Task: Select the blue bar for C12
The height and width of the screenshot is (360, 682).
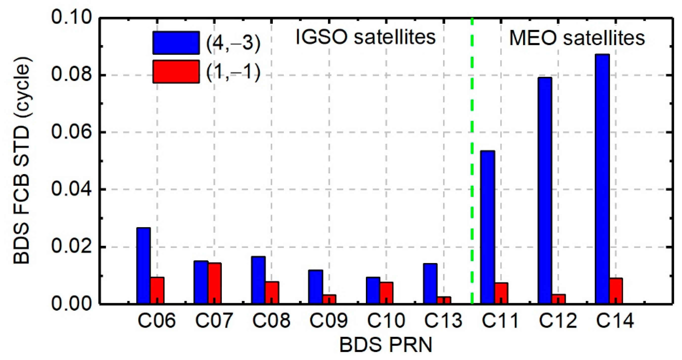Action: click(545, 190)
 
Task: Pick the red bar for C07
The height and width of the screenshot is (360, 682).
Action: click(215, 283)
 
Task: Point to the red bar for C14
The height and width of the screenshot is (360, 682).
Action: click(616, 291)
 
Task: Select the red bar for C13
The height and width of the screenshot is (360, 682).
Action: click(444, 300)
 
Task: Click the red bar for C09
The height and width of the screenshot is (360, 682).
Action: click(329, 299)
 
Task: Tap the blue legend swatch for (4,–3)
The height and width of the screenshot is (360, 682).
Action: click(176, 43)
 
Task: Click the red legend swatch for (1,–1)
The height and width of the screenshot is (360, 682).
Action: click(176, 71)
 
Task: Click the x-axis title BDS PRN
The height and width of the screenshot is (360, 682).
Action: click(386, 345)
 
